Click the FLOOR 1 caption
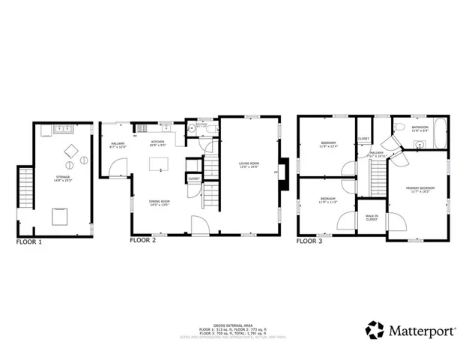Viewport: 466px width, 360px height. click(x=29, y=242)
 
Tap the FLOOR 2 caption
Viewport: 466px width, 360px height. click(x=142, y=242)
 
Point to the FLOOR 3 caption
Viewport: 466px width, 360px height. click(x=309, y=242)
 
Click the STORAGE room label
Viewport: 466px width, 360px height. click(x=61, y=178)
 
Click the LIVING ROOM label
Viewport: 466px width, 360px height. click(x=249, y=164)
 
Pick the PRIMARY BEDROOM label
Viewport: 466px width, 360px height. click(x=421, y=189)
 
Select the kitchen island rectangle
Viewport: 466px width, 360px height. click(x=159, y=164)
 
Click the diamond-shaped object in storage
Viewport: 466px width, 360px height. click(x=72, y=148)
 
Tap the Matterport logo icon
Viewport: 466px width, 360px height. click(x=375, y=329)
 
